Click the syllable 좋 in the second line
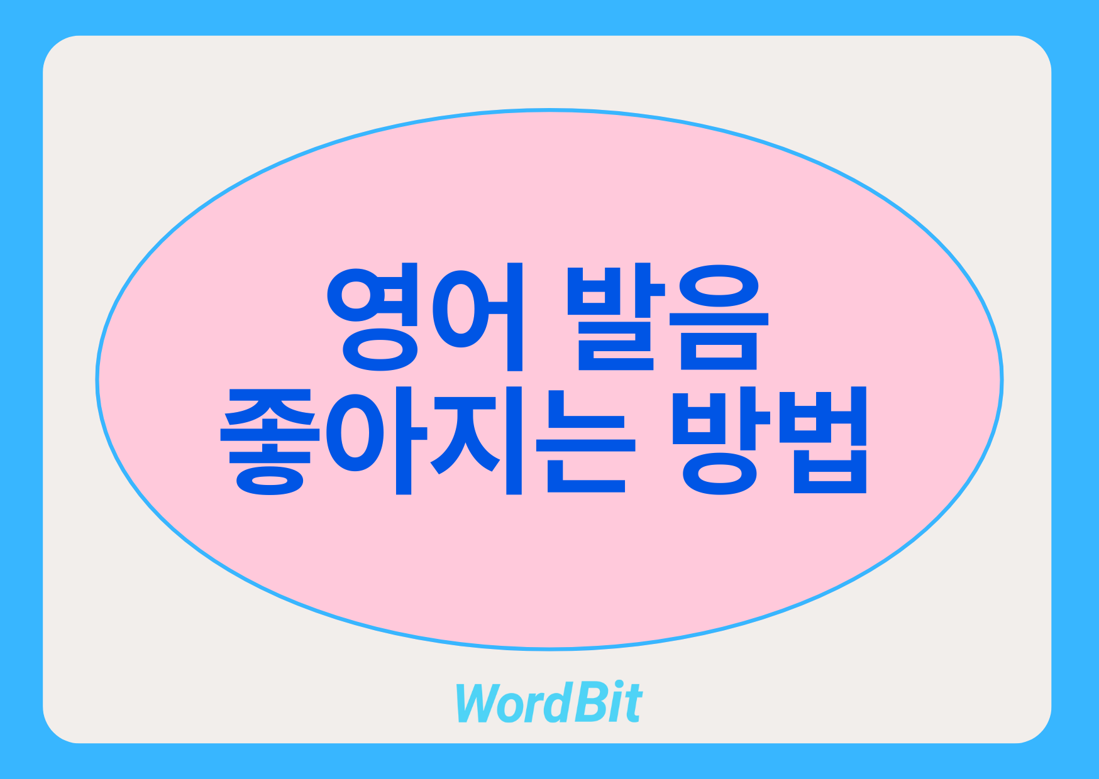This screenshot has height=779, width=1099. (x=270, y=441)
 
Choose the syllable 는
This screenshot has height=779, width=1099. (x=586, y=441)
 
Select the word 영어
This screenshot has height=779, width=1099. (x=425, y=318)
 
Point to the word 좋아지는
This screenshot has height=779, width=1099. (x=428, y=441)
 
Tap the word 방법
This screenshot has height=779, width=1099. (x=770, y=441)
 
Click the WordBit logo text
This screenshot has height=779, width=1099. (x=549, y=702)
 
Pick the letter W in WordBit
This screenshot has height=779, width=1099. (x=481, y=703)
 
